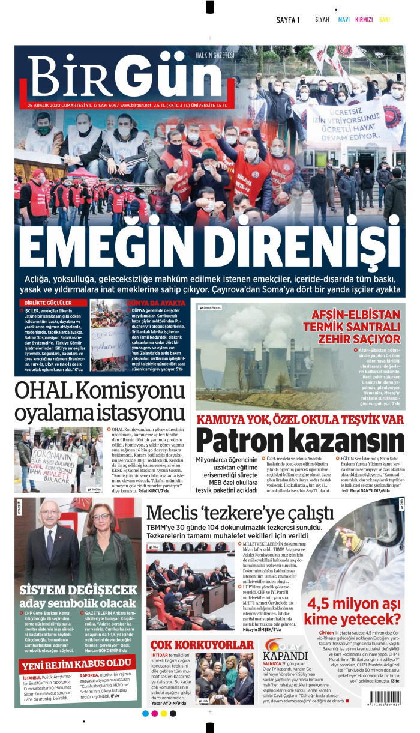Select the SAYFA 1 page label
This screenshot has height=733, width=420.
point(288,20)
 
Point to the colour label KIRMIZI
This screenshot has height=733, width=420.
point(364,20)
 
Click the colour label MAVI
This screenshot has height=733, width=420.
point(344,20)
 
